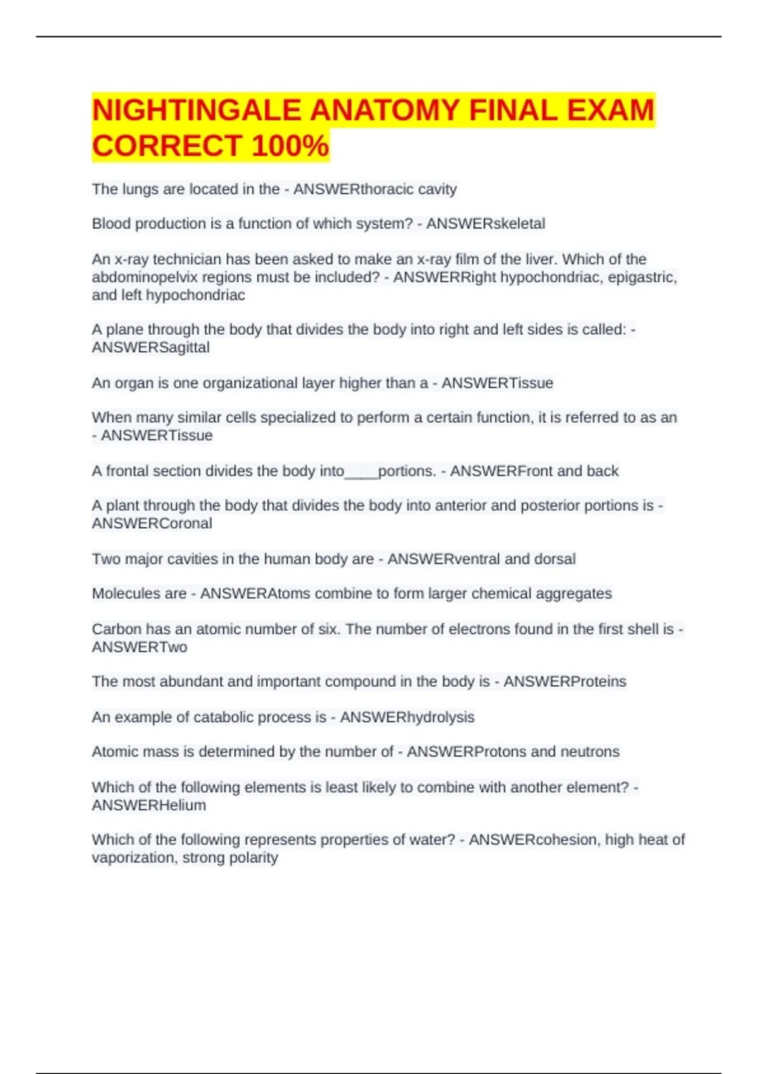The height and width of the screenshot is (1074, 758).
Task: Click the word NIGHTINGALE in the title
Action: (x=196, y=111)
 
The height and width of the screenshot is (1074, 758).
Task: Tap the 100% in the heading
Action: (x=290, y=146)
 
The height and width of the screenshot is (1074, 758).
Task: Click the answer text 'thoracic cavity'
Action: (x=408, y=189)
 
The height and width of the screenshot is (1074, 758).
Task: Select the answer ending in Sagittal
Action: (x=151, y=347)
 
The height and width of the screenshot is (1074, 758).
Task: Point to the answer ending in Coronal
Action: (x=152, y=524)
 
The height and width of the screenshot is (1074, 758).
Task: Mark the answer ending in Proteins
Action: (x=565, y=682)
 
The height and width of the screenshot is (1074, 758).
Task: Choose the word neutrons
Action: (x=590, y=752)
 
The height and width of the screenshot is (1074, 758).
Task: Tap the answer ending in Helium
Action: (x=149, y=805)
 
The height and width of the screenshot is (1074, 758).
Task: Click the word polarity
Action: (x=255, y=858)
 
